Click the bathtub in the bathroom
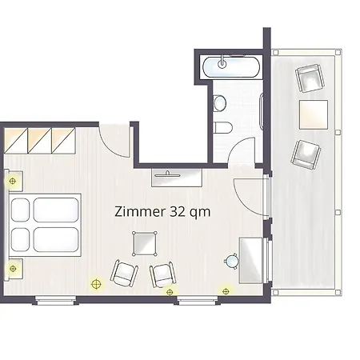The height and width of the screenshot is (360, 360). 231,67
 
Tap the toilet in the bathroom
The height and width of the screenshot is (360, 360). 223,127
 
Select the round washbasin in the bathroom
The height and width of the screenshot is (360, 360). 220,103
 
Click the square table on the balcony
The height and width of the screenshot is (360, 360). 314,114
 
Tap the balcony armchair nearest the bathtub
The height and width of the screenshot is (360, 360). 310,78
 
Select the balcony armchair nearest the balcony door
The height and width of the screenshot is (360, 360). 306,154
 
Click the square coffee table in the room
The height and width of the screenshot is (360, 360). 145,244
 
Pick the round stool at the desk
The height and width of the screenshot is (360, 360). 231,261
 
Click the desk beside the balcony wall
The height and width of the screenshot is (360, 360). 250,260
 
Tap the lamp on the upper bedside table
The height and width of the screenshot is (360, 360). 12,182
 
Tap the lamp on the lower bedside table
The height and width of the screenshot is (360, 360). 13,269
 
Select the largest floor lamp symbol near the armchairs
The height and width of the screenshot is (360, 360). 96,284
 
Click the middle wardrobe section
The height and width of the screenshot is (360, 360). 39,141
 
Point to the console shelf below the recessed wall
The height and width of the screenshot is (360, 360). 177,178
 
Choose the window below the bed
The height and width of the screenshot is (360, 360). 55,301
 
